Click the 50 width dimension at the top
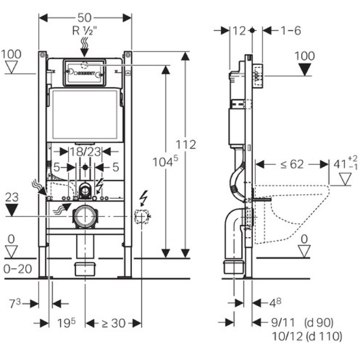[84, 18]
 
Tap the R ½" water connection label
[85, 31]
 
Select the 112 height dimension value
[186, 145]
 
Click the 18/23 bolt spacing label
[85, 152]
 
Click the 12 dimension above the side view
[240, 31]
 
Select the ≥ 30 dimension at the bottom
[113, 323]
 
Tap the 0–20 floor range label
[17, 269]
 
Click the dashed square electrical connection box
[141, 216]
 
